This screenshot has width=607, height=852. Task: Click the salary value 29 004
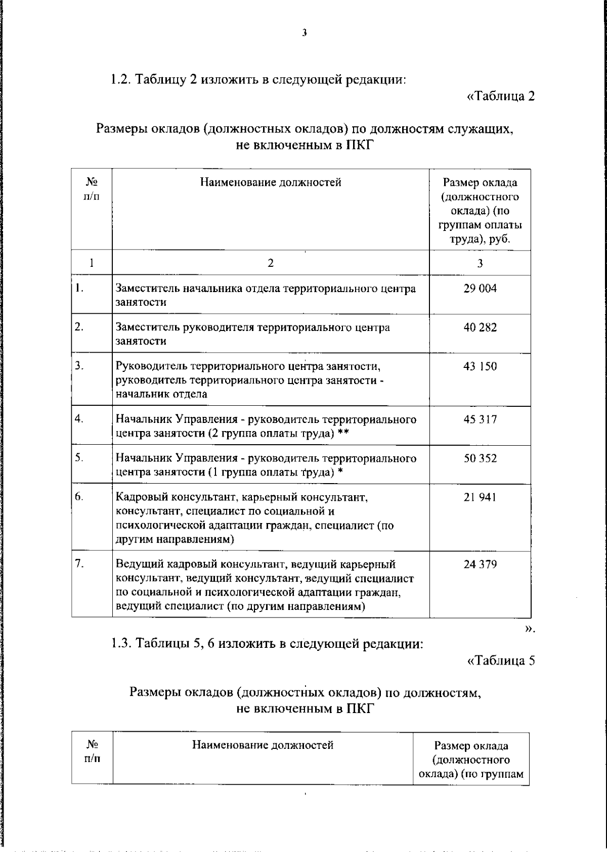[x=480, y=289]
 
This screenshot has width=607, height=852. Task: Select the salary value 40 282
[x=480, y=327]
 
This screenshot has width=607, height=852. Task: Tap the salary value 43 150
[x=480, y=366]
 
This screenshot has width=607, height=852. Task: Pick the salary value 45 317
[x=480, y=419]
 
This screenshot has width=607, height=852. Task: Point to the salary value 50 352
[x=480, y=458]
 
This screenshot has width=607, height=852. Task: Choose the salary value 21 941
[x=480, y=497]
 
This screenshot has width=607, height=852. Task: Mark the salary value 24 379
[x=480, y=564]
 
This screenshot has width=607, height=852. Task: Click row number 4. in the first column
[x=79, y=419]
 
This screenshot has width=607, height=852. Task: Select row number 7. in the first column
[x=79, y=564]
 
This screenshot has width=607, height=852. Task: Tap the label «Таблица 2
[x=500, y=96]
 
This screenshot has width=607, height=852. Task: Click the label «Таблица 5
[x=500, y=660]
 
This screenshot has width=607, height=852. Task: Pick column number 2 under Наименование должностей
[x=271, y=263]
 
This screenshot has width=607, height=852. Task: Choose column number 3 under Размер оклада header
[x=480, y=263]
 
